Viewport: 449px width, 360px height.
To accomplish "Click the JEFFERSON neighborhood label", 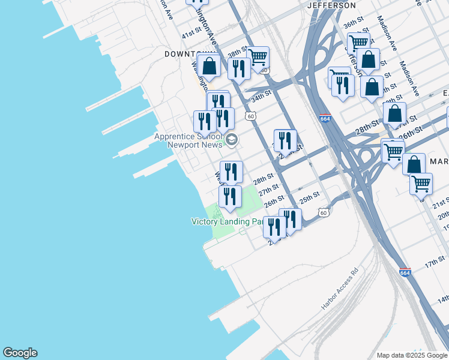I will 331,5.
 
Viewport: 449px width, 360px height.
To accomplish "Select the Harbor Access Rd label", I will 340,289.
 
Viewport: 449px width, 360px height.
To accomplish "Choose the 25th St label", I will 310,196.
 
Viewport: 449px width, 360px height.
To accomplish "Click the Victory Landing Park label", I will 227,221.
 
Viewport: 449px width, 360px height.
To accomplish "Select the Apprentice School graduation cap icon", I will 231,140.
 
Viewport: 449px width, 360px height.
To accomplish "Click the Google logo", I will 20,353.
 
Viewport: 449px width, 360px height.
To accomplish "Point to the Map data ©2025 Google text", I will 412,355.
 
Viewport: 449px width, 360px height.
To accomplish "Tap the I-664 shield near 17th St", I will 405,272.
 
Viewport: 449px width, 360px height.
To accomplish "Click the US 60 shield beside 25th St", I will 324,212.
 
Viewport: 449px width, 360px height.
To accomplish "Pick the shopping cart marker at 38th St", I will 258,58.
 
